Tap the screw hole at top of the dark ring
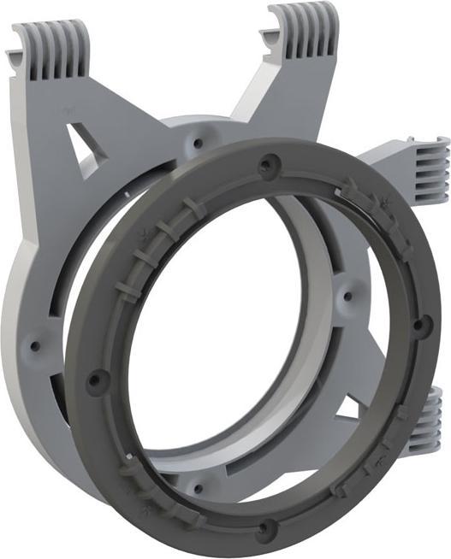coord(273,160)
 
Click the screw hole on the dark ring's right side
coord(418,324)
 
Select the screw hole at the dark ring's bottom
coord(266,527)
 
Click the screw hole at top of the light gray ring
coord(199,136)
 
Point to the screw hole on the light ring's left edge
coord(35,346)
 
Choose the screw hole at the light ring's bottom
coord(199,488)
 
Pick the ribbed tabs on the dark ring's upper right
coord(377,205)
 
